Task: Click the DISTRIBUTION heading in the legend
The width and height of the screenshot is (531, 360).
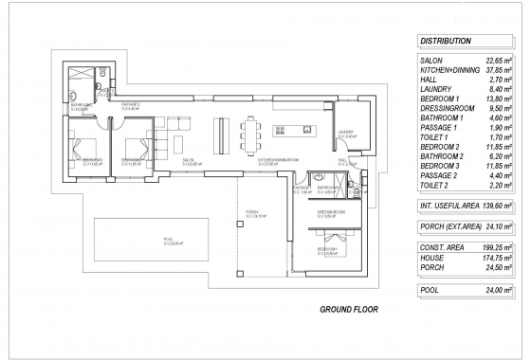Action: pyautogui.click(x=446, y=42)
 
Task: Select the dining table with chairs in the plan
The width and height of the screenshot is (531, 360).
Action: pyautogui.click(x=252, y=131)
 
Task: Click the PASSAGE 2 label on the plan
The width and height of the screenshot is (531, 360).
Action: pyautogui.click(x=130, y=104)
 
